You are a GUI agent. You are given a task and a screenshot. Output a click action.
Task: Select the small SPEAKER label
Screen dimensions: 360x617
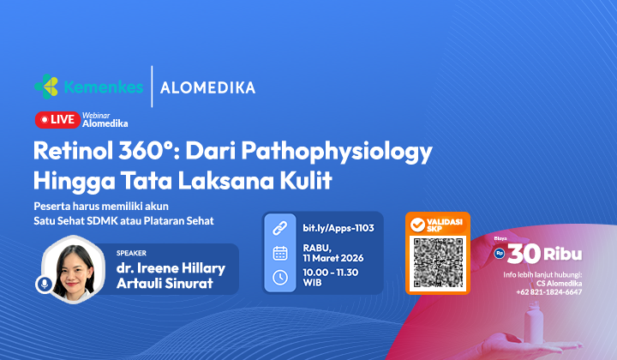(132, 253)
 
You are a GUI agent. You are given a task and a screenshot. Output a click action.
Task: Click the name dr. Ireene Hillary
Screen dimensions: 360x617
(171, 268)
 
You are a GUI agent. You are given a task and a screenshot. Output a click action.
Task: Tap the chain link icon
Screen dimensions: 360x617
(279, 228)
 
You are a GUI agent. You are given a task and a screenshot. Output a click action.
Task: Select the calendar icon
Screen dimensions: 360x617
(279, 252)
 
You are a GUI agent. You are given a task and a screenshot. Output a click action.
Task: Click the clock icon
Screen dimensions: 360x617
(279, 277)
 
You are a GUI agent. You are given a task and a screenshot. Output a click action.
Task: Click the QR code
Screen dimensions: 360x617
(437, 262)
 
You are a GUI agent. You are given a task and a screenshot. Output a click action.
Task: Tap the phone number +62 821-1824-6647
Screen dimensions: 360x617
(548, 292)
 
